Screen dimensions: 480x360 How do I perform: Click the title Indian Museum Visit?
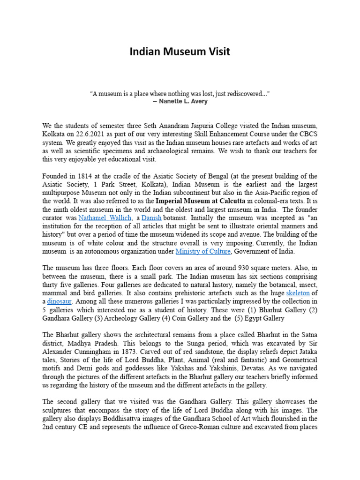point(180,52)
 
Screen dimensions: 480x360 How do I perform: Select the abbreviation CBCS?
point(307,134)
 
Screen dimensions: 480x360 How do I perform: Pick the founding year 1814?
point(87,176)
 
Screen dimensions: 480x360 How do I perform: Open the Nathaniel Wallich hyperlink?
point(105,218)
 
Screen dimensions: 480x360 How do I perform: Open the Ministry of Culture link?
point(203,252)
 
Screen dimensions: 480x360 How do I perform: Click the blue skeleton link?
point(298,293)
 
